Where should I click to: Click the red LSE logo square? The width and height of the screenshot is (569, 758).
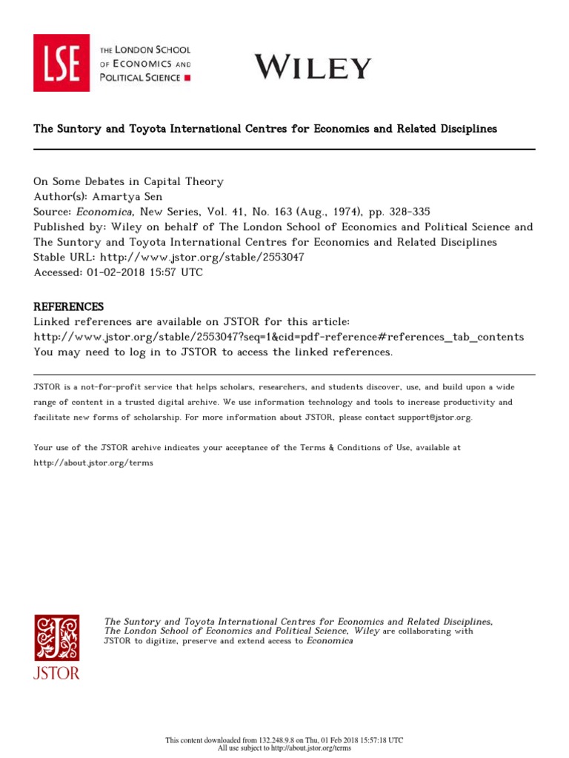[61, 63]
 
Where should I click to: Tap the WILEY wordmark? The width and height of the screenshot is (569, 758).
[313, 67]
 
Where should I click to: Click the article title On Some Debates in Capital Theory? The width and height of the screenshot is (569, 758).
[128, 181]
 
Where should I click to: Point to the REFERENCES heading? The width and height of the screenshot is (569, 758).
[69, 306]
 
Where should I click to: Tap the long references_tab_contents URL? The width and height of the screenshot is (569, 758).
[279, 337]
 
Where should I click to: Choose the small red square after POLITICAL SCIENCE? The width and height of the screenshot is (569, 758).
[187, 77]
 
